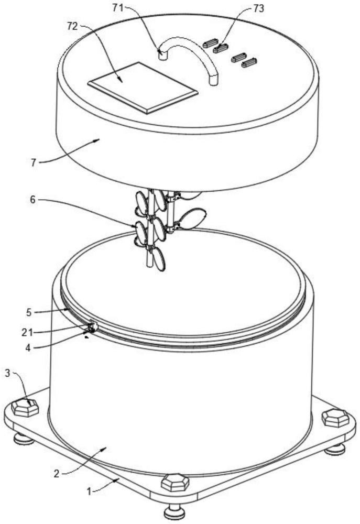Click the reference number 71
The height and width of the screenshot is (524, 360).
[x=118, y=7]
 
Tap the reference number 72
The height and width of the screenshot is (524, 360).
[x=72, y=26]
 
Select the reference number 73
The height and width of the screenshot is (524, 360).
[x=258, y=8]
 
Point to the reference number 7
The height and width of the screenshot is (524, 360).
[x=33, y=162]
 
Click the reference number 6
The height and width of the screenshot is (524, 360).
[x=32, y=200]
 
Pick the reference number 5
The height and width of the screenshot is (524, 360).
[x=29, y=312]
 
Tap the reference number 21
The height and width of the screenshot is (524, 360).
[x=27, y=332]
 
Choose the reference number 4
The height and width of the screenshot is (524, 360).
[x=28, y=348]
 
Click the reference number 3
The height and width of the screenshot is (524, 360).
[x=7, y=373]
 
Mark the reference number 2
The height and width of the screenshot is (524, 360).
[x=57, y=474]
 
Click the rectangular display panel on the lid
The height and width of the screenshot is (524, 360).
[x=143, y=88]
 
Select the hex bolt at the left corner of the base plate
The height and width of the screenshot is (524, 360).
[x=25, y=408]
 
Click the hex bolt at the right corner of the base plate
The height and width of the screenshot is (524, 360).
[x=335, y=418]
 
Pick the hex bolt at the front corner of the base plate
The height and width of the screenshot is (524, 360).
[x=175, y=483]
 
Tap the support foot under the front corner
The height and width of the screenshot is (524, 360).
[x=174, y=511]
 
